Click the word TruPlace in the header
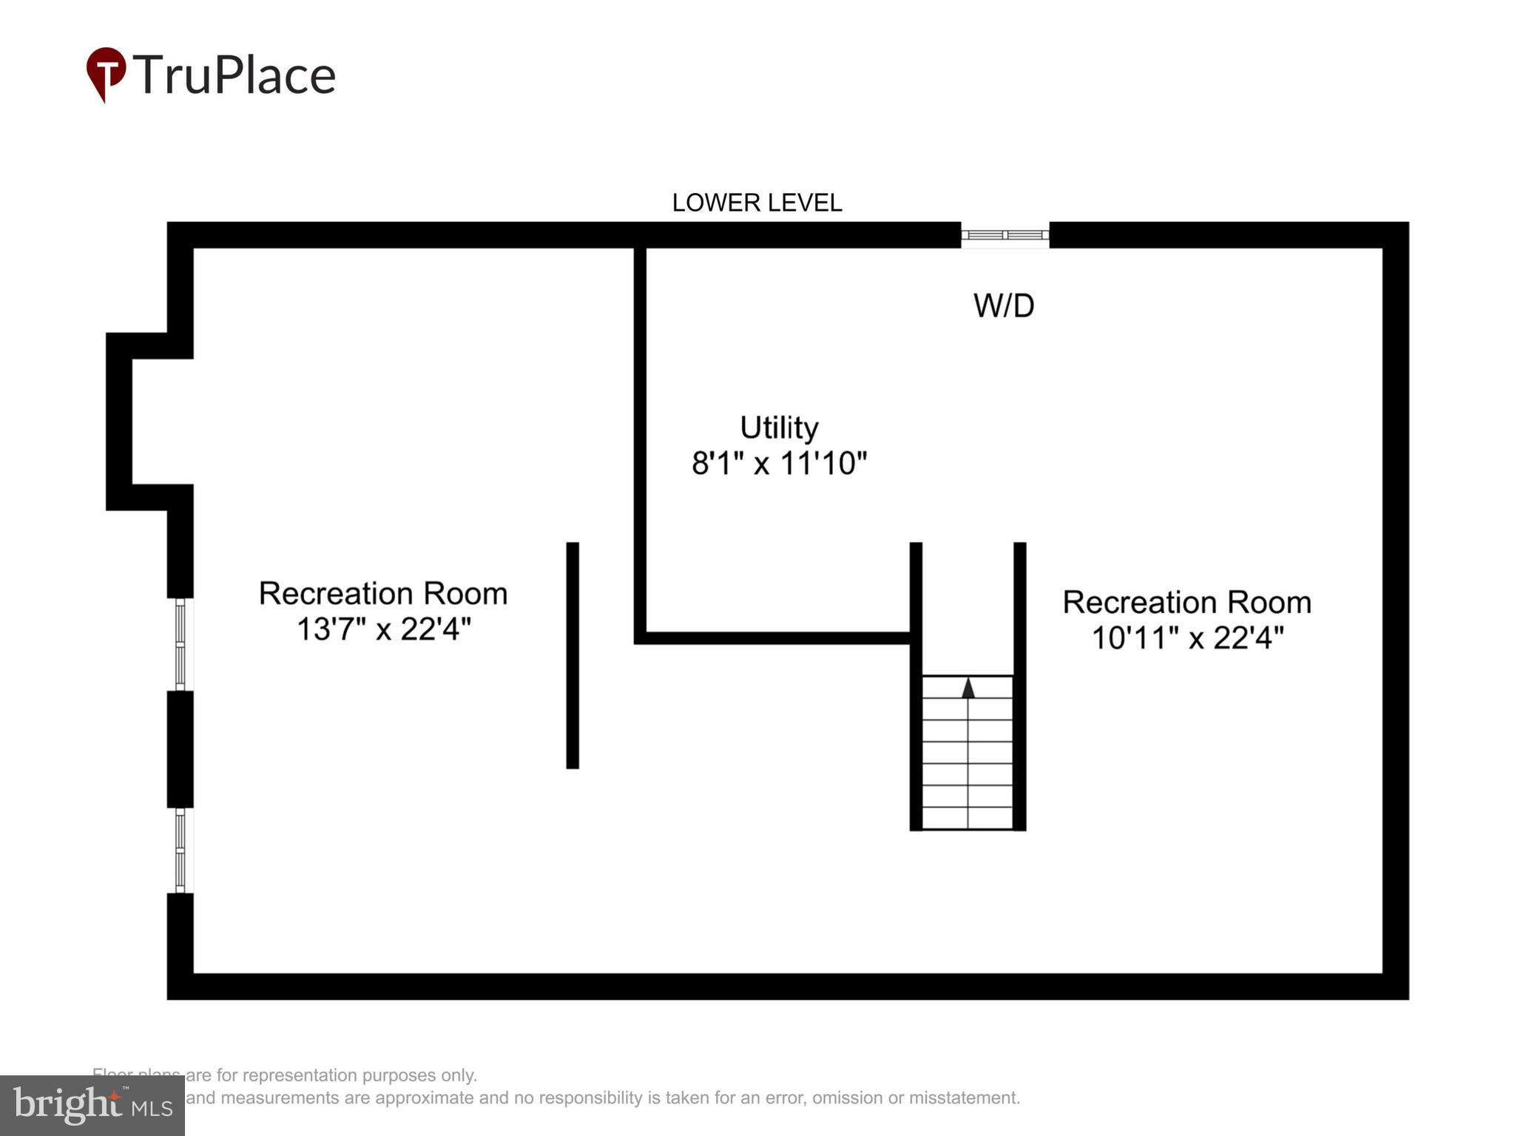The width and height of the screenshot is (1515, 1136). tap(234, 75)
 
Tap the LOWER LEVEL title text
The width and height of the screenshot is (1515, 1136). tap(756, 203)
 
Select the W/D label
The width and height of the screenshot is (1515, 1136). tap(1003, 305)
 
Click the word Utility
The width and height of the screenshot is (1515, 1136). tap(779, 427)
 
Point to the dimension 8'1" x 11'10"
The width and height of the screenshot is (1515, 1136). tap(779, 464)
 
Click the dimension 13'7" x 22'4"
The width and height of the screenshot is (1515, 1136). tap(383, 629)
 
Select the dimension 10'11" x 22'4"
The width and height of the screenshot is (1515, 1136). tap(1187, 638)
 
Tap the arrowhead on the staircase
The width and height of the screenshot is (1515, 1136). tap(968, 689)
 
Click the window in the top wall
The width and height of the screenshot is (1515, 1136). tap(1005, 235)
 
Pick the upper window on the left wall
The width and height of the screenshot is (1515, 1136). tap(180, 644)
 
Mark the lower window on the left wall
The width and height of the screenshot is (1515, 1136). tap(180, 851)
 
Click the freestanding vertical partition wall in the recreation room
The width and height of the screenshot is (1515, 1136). tap(572, 655)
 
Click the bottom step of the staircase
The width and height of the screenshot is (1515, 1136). tap(968, 819)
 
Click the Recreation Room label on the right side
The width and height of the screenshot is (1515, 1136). tap(1187, 602)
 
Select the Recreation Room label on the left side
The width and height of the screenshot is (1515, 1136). tap(383, 594)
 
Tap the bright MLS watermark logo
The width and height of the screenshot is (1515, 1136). tap(92, 1106)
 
